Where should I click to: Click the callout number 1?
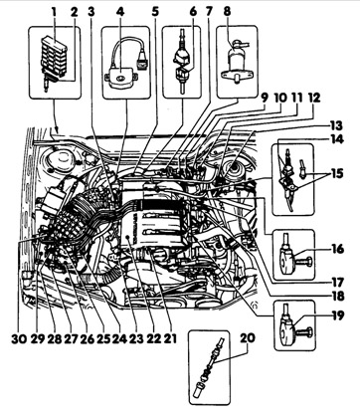[x=54, y=12]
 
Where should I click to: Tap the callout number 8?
[x=227, y=12]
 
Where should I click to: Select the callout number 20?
[x=247, y=338]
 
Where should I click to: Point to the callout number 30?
[x=19, y=338]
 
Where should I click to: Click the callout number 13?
[x=335, y=125]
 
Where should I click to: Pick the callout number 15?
[x=336, y=174]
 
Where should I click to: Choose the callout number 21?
[x=170, y=338]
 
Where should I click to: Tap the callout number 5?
[x=155, y=12]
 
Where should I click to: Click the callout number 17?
[x=337, y=283]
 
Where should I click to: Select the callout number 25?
[x=102, y=338]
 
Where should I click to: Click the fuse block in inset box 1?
[x=55, y=57]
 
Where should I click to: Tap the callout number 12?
[x=313, y=99]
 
